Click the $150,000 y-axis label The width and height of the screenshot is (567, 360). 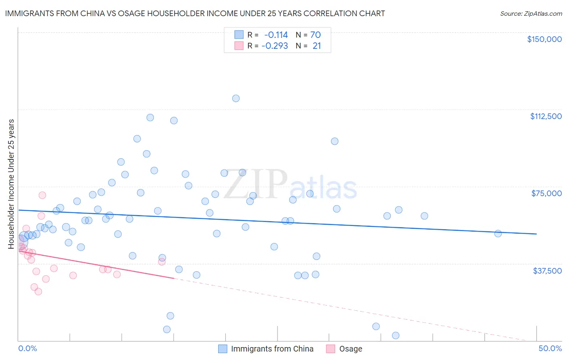pos(544,39)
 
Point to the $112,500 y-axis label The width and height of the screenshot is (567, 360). pos(546,116)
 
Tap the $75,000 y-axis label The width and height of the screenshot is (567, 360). pos(546,193)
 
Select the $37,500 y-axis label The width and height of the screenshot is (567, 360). pos(547,271)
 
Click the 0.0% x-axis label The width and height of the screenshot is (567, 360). pos(27,348)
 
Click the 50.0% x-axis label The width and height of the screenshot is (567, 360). pos(550,348)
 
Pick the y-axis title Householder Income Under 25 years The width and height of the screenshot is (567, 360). pos(11,184)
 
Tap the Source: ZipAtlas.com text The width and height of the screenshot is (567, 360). pos(531,13)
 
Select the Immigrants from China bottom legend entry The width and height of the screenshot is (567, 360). pos(272,349)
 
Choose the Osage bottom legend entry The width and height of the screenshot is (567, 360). pos(350,349)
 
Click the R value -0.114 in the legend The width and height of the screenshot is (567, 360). pos(276,35)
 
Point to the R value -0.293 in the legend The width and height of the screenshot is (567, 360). pos(275,46)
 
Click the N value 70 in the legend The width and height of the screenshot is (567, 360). pos(315,35)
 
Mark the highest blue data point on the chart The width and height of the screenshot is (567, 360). pos(236,98)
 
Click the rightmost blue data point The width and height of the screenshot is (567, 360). pos(498,234)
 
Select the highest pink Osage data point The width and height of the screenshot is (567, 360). pos(42,195)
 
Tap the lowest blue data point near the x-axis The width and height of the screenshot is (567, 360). pos(396,335)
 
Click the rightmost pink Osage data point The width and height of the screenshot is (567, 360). pos(162,262)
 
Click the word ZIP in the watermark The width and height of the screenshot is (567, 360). pos(255,185)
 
